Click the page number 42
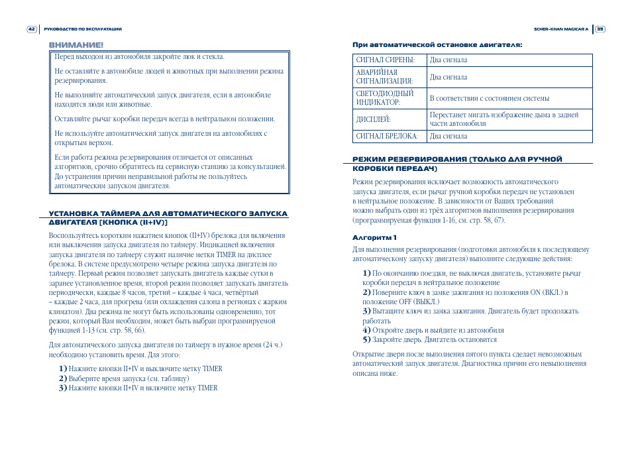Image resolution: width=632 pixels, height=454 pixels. (32, 29)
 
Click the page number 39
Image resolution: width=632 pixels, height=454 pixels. (600, 29)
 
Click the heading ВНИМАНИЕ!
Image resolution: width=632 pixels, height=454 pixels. (76, 45)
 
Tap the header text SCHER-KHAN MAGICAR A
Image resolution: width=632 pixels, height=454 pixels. (561, 29)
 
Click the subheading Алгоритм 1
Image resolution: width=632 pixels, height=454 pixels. (374, 237)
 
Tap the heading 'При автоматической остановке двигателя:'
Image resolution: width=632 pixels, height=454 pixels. (437, 45)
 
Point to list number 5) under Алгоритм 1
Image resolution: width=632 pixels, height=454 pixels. (366, 339)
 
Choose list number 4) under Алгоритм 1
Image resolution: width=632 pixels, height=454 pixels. (366, 330)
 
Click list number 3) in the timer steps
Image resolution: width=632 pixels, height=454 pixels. (63, 388)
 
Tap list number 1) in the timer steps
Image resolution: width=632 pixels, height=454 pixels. (63, 369)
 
